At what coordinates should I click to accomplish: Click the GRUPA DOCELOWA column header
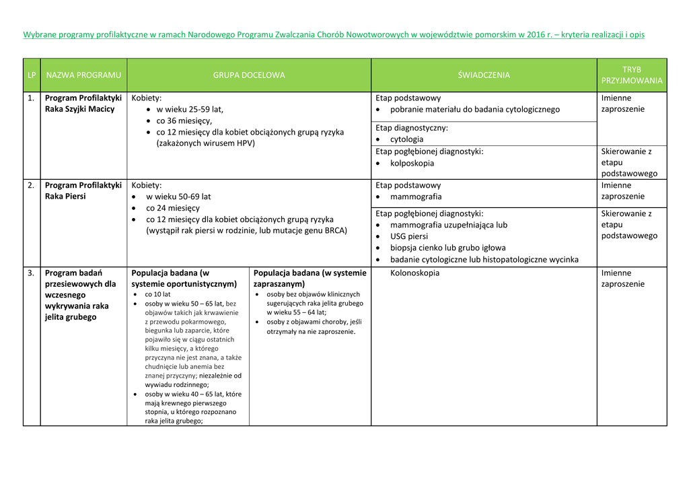[249, 75]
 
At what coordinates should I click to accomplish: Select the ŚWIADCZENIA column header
[484, 75]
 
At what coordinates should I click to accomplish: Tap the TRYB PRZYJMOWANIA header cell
[632, 75]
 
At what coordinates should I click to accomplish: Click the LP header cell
[32, 75]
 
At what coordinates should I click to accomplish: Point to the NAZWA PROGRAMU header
[83, 75]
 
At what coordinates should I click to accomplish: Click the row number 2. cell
[32, 185]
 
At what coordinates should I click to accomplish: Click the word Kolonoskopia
[414, 273]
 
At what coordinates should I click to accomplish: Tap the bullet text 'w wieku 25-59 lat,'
[190, 109]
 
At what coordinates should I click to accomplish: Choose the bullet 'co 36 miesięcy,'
[184, 120]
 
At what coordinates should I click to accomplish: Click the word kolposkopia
[412, 163]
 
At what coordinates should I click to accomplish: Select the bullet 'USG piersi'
[408, 236]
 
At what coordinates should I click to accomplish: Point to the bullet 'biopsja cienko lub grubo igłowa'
[447, 248]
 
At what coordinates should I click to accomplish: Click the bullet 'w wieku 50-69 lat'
[178, 197]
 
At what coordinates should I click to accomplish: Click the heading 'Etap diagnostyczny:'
[412, 128]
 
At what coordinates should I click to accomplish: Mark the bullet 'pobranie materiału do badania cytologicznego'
[474, 109]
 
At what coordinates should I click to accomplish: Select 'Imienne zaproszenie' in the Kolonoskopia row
[622, 278]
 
